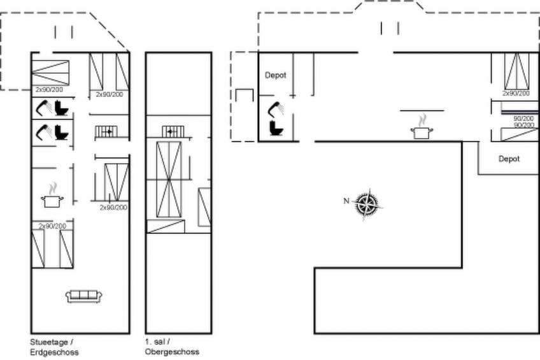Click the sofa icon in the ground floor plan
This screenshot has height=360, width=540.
pos(83,296)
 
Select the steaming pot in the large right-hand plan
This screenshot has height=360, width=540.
pos(422,127)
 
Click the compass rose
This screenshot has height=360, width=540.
pos(368,204)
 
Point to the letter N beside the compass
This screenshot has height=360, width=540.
pos(346,201)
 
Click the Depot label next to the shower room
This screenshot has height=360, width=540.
pos(275,75)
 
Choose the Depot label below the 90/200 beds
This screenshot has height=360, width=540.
pos(509,159)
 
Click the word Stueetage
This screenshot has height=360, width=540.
pos(49,342)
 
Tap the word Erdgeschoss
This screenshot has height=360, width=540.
pos(54,352)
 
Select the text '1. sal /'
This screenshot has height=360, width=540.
pos(157,342)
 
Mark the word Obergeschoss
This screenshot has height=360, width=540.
pos(172,352)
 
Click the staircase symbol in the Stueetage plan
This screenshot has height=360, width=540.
pos(106,132)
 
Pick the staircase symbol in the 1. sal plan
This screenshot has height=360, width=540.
pos(173,132)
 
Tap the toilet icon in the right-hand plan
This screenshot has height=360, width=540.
pos(276,128)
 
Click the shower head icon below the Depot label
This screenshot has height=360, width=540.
pos(276,110)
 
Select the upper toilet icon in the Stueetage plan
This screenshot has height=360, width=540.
pos(62,108)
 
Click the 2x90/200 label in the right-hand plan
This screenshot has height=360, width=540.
pos(516,94)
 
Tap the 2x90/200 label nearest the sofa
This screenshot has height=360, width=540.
pos(52,226)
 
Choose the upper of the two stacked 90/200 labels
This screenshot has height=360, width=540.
pos(523,119)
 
